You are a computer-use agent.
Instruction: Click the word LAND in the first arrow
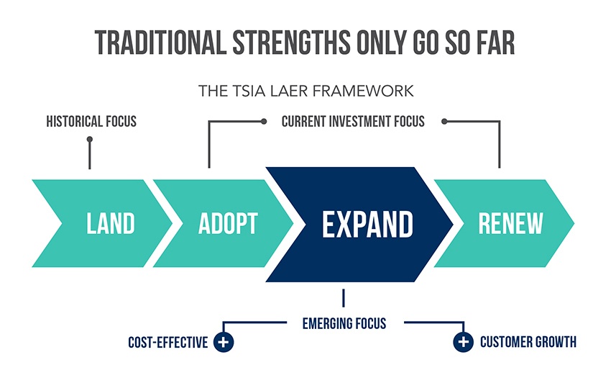point(111,224)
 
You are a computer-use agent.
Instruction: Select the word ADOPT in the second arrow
point(228,224)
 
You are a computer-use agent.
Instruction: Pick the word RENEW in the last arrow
point(511,224)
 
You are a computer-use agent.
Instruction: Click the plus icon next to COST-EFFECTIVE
point(224,342)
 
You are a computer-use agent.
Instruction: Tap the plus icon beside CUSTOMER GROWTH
point(463,342)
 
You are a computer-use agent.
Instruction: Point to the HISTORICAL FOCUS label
point(91,122)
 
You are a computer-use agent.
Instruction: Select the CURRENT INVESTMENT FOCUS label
point(353,122)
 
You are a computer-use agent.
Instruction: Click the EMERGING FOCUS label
point(344,323)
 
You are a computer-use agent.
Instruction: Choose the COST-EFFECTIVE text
point(168,343)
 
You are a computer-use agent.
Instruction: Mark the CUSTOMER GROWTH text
point(528,343)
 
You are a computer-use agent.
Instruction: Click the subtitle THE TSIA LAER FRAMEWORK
point(305,91)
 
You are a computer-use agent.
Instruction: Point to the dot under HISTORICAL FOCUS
point(90,140)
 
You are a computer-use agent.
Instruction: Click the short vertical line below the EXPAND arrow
point(344,297)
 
